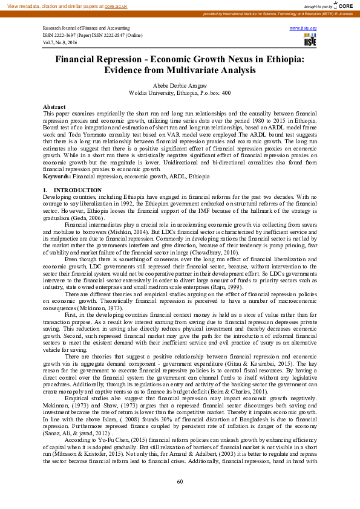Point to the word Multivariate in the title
point(212,71)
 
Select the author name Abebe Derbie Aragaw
point(180,86)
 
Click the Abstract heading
point(54,106)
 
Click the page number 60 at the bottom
point(180,481)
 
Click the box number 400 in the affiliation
point(225,93)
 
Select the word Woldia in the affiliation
point(140,93)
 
